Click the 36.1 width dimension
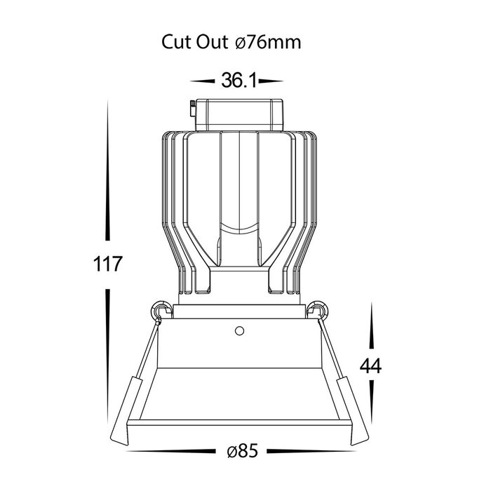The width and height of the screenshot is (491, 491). (x=239, y=80)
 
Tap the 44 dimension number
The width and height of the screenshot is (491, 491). (x=371, y=365)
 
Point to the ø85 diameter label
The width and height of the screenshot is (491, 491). (x=243, y=451)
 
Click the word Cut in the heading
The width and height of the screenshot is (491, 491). (x=176, y=42)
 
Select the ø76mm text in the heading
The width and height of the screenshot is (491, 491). (x=268, y=42)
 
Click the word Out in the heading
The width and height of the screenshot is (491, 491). (x=212, y=42)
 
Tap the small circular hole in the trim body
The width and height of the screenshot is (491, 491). (x=240, y=330)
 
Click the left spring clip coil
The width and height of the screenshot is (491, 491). (x=161, y=311)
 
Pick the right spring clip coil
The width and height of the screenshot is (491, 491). (x=318, y=311)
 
